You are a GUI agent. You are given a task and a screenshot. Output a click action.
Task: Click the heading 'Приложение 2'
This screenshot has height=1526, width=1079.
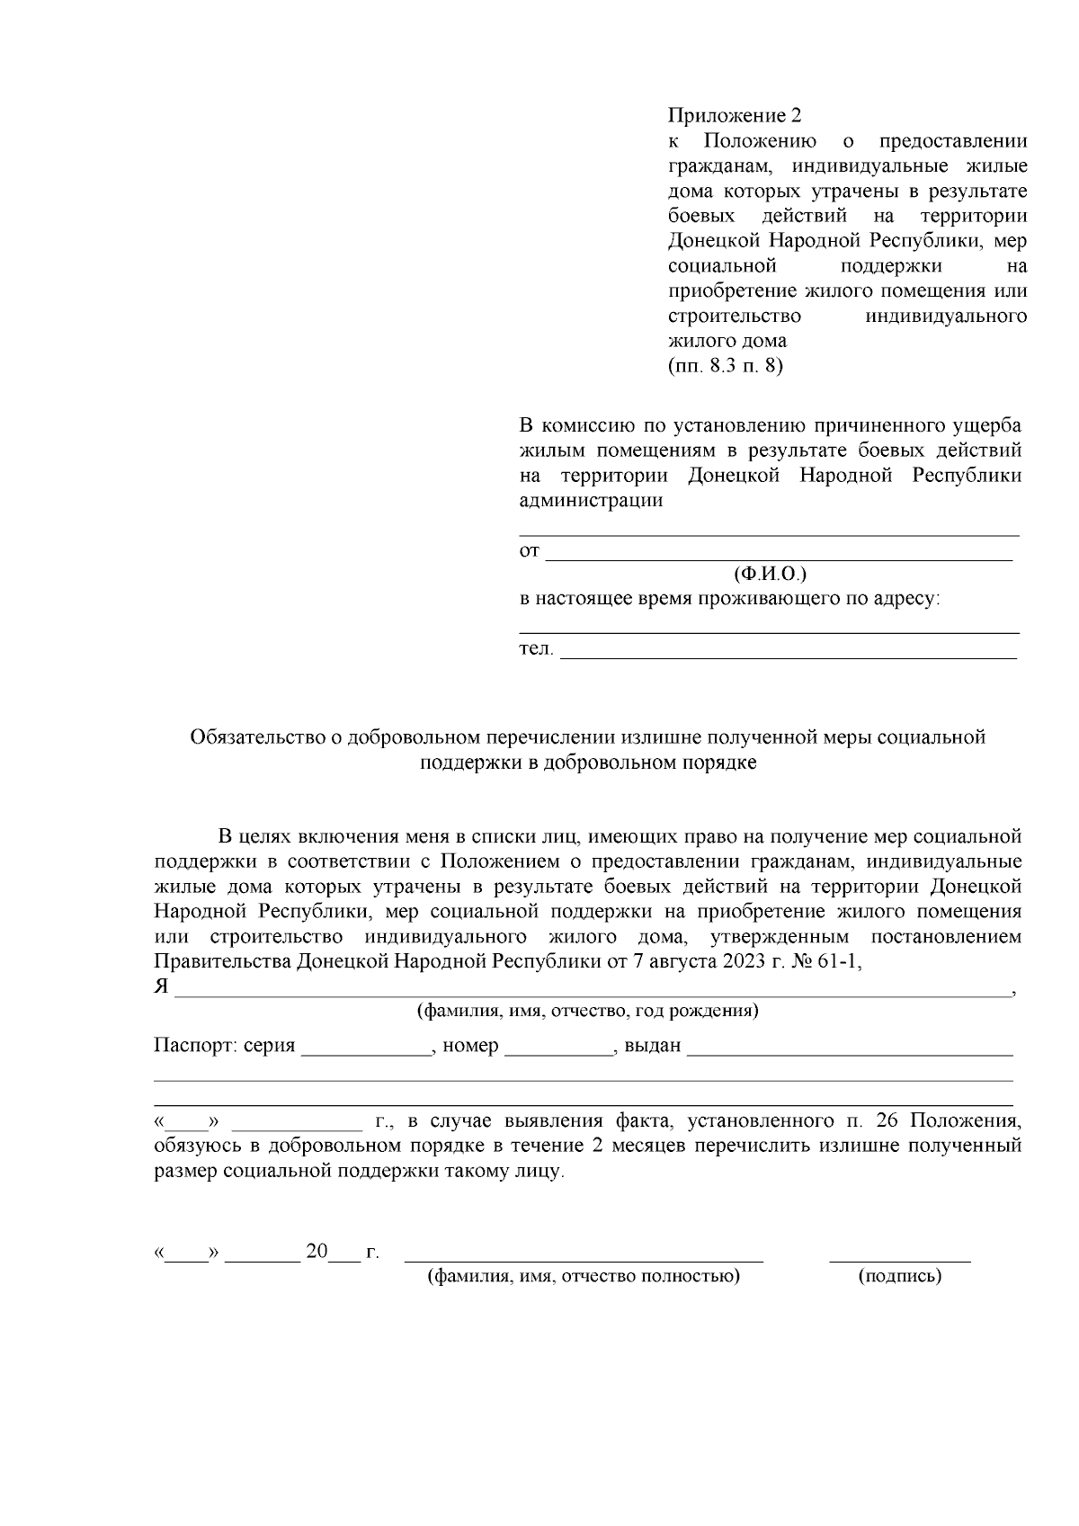[x=734, y=116]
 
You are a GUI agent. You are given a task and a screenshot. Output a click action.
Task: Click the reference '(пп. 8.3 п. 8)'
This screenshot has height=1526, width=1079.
[x=726, y=366]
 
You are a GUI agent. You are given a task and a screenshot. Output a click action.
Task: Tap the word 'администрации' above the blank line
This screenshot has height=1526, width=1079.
[x=591, y=501]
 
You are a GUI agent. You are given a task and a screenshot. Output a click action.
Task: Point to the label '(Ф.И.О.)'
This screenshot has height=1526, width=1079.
[x=770, y=574]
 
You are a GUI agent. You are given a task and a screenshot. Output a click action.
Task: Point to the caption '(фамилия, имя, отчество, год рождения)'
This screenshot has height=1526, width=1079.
[x=586, y=1011]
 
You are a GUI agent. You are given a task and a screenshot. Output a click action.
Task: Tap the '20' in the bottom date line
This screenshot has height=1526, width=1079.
[x=317, y=1251]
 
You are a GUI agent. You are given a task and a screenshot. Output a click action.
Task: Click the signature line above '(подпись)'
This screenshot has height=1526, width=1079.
[x=899, y=1260]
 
